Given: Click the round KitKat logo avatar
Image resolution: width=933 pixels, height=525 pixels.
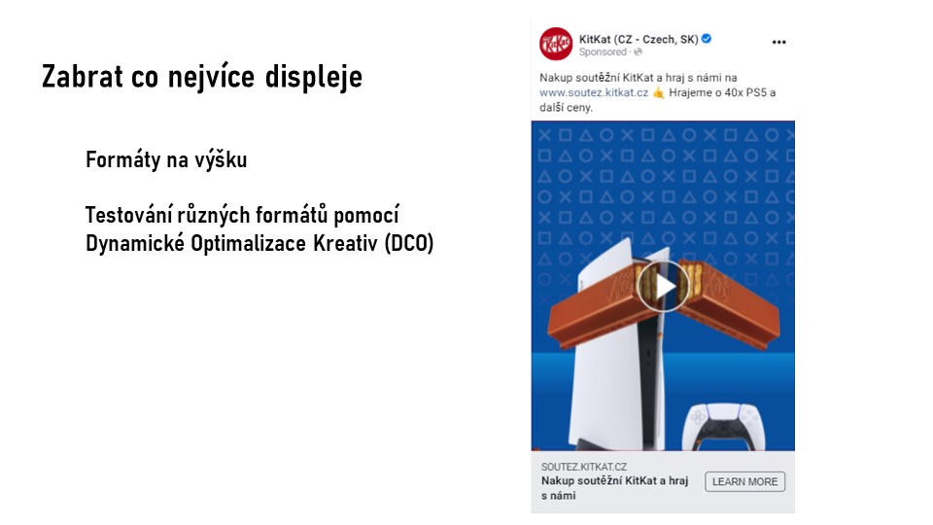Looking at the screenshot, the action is pos(556,44).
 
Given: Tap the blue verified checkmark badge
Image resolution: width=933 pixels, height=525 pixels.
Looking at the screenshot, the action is pos(707,39).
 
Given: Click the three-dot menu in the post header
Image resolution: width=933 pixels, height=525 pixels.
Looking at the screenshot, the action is pos(778,42).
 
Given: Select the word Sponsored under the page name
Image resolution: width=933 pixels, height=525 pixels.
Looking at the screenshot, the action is pos(603,52).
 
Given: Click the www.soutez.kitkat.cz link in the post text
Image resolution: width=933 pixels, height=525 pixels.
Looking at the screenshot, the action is pos(594,93).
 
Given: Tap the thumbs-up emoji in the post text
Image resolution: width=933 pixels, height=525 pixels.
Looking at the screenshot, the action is pos(659,93).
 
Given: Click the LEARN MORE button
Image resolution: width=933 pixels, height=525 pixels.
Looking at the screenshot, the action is pos(745,481).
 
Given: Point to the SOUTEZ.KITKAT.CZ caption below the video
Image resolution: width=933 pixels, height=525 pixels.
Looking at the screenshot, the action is pos(584,467).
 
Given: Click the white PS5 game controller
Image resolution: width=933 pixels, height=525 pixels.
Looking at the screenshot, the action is pos(724,427).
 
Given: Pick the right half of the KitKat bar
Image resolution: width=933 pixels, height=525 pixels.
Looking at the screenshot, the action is pos(729,303).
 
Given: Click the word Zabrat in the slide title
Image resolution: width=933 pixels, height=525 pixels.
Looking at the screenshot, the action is pos(83,76).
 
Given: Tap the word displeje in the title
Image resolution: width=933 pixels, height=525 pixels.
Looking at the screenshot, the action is pos(314,78).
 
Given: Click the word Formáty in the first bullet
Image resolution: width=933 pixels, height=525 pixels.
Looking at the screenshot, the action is pos(122,159).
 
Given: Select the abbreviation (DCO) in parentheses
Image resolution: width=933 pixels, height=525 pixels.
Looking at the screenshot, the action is pos(409,243).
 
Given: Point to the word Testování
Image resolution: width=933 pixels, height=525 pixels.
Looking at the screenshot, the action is pos(129,215).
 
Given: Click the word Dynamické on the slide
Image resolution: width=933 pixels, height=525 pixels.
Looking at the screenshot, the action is pos(135,243).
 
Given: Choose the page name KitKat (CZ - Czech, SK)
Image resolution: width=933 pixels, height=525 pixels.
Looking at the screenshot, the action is pos(639,39).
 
